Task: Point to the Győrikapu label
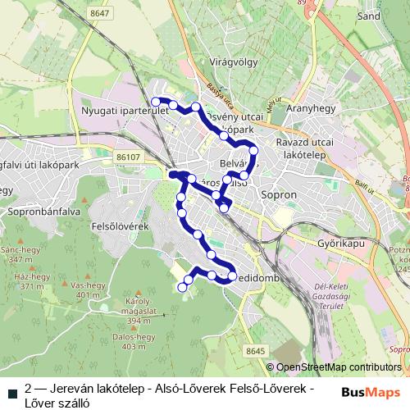(x=339, y=244)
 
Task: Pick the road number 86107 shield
(x=130, y=156)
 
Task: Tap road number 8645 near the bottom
(x=255, y=351)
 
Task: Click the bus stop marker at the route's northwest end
(x=155, y=102)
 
